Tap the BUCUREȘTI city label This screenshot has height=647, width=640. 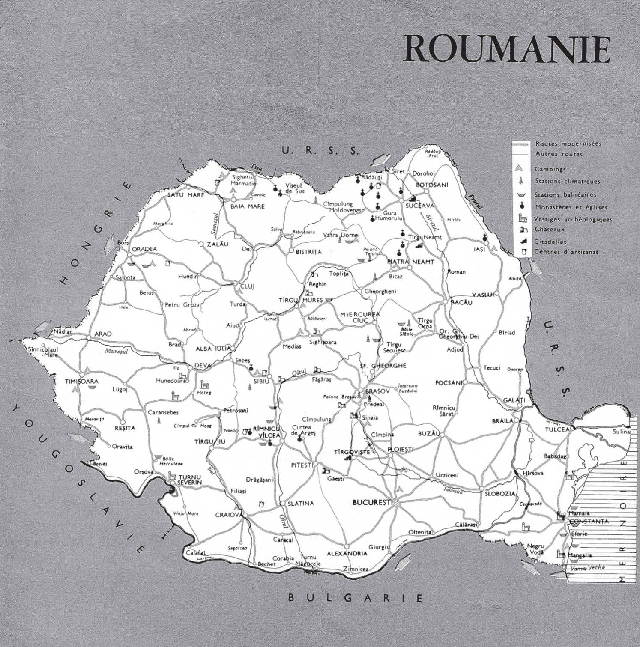[372, 502]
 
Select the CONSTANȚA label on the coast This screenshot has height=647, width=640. [588, 521]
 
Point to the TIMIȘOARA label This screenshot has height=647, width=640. [81, 381]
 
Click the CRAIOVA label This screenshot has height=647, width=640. [229, 514]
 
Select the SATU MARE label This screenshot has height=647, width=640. [186, 195]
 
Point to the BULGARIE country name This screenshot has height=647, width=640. [355, 598]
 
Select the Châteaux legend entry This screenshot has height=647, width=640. [550, 230]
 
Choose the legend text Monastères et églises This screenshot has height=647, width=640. [571, 207]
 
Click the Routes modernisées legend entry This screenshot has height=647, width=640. [568, 144]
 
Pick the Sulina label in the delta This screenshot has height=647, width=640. [621, 432]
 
